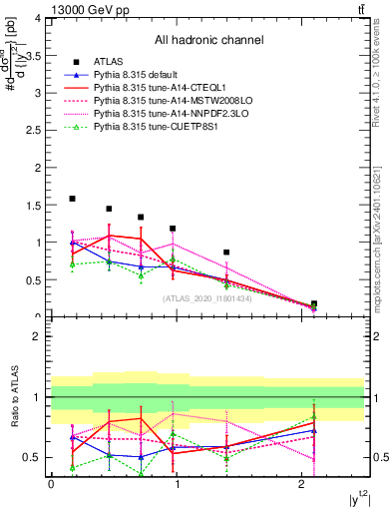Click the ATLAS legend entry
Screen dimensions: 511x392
[x=108, y=62]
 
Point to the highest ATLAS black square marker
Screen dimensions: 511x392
[x=72, y=199]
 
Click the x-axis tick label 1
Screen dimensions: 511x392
[x=177, y=483]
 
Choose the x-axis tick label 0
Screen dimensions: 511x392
[x=51, y=483]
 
